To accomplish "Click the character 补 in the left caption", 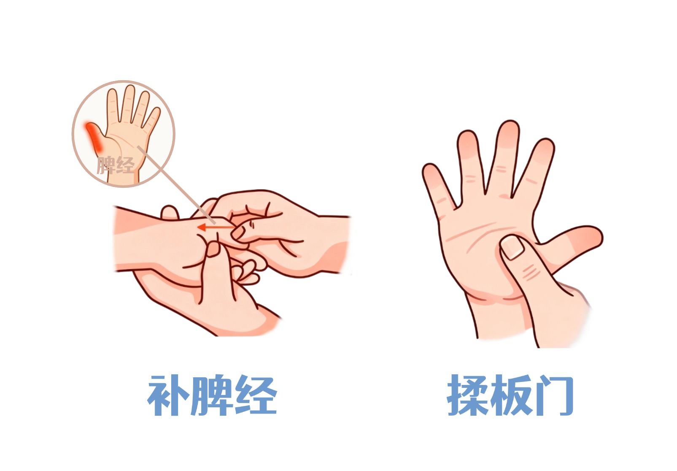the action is click(168, 396).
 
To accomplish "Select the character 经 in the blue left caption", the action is click(256, 396).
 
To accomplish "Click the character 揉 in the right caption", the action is click(467, 395).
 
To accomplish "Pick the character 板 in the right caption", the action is click(511, 395).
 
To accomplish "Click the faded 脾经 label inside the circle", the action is click(116, 165).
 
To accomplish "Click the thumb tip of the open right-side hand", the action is click(592, 237).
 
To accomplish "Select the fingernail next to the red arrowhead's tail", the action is click(238, 233).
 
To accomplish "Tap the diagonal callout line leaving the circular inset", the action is click(176, 185).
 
